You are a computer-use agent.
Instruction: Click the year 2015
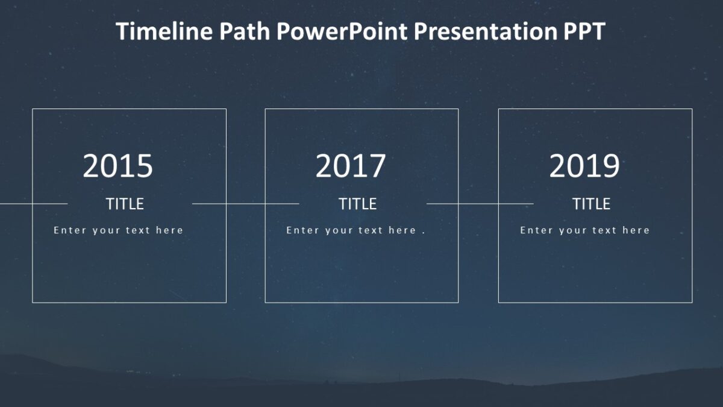(x=118, y=166)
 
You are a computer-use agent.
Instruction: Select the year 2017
(x=351, y=166)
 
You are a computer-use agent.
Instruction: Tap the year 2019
(x=584, y=166)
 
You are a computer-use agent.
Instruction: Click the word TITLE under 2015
(x=125, y=204)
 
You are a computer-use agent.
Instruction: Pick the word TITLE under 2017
(x=357, y=204)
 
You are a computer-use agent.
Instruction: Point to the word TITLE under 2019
(x=591, y=204)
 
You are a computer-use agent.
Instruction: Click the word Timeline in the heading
(x=164, y=31)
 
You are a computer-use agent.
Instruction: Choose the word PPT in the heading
(x=584, y=31)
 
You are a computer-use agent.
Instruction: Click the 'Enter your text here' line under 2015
(x=118, y=230)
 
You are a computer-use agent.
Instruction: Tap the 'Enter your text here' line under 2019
(x=584, y=230)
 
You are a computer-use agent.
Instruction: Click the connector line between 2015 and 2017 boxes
(x=245, y=204)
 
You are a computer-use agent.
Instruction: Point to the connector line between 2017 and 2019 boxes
(x=479, y=204)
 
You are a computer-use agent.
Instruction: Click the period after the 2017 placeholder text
(x=423, y=232)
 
